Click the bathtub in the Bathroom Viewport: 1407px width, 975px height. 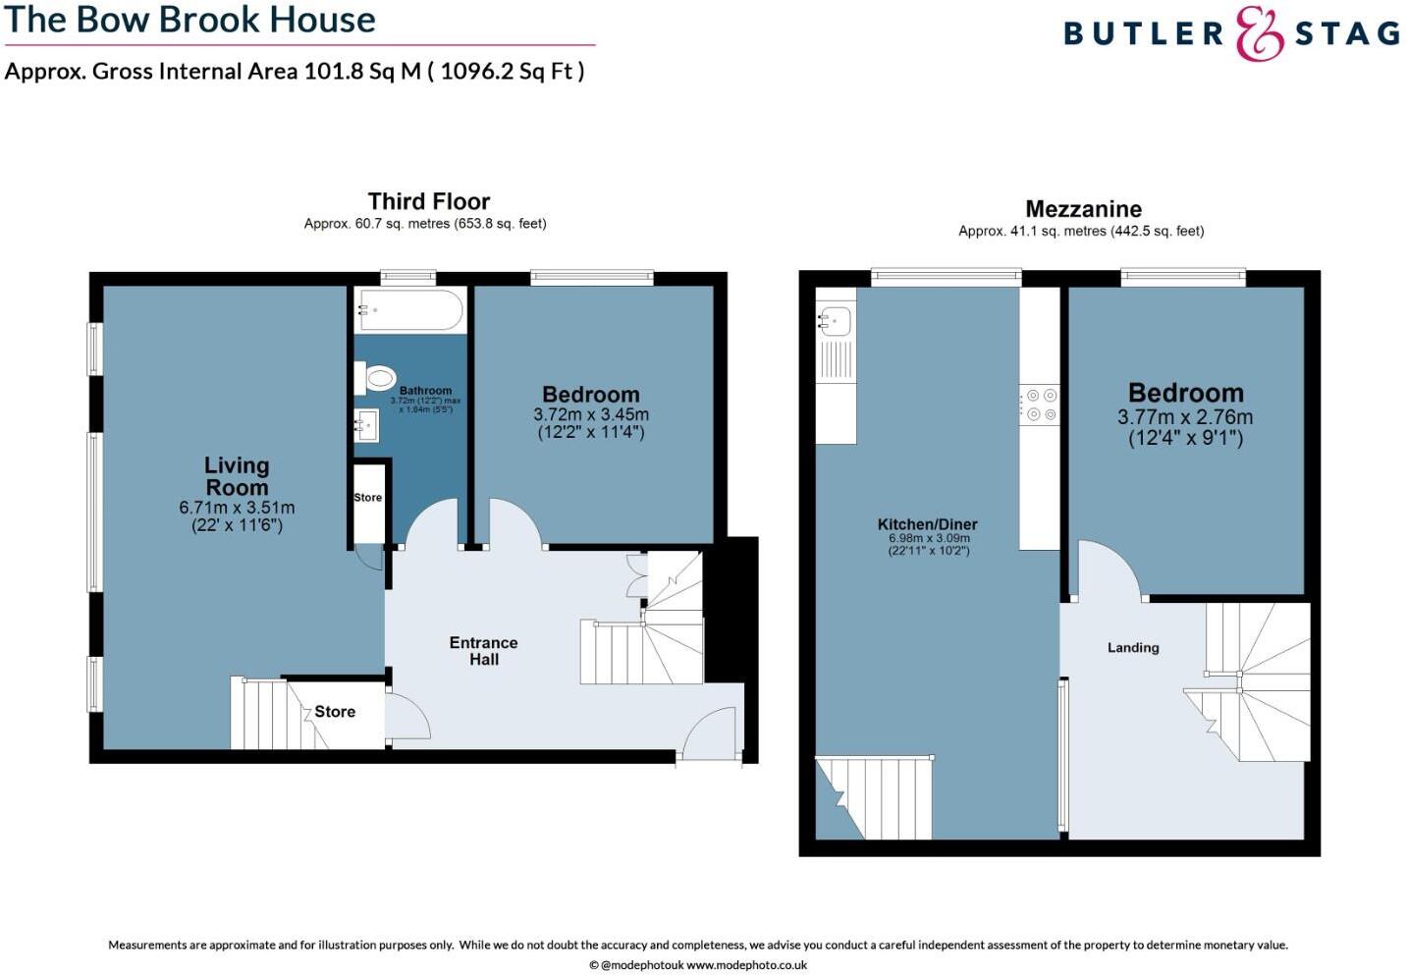tap(410, 310)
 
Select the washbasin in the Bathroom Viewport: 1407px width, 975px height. tap(367, 424)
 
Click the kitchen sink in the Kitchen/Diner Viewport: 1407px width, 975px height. tap(836, 320)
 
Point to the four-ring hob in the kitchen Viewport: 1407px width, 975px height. tap(1039, 405)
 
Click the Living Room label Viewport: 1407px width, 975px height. tap(237, 476)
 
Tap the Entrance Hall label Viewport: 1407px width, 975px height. tap(483, 651)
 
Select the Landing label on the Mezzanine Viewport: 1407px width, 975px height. tap(1133, 648)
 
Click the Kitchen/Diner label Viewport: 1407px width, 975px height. tap(927, 524)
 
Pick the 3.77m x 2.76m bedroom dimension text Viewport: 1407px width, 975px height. tap(1185, 417)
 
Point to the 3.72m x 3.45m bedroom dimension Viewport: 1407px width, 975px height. tap(591, 415)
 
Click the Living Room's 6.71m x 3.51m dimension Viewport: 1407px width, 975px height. tap(237, 508)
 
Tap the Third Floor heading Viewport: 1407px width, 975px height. tap(429, 201)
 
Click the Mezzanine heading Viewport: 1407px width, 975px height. tap(1083, 209)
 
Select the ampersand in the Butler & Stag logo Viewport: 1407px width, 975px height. tap(1259, 34)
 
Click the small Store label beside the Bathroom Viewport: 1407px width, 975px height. tap(368, 498)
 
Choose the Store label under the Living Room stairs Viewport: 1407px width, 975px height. tap(335, 712)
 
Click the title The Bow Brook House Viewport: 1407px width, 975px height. tap(189, 20)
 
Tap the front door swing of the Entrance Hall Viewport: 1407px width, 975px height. tap(707, 733)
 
